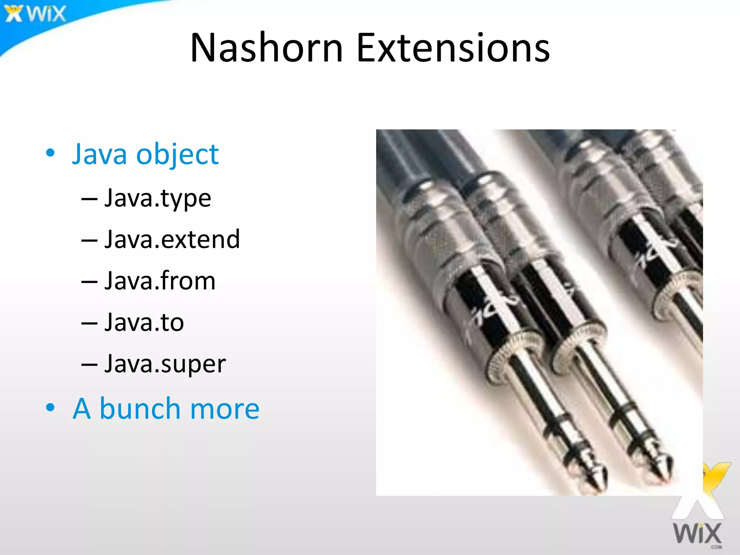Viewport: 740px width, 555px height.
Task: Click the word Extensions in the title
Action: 453,48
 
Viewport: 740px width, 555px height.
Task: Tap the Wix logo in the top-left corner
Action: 35,14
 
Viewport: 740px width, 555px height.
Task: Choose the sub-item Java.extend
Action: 172,239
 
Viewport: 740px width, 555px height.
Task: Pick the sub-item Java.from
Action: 160,281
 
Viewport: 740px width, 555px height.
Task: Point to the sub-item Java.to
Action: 144,322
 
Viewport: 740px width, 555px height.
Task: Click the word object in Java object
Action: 177,154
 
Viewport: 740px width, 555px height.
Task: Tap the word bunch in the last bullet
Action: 140,409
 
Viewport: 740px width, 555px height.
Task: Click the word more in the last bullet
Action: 224,409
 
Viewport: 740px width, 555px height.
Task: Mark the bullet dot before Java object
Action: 51,153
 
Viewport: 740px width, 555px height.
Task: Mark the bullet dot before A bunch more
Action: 51,408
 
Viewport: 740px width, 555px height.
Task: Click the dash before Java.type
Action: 89,199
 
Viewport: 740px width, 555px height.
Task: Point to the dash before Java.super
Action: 89,365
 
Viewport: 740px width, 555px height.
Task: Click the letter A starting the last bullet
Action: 82,409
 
